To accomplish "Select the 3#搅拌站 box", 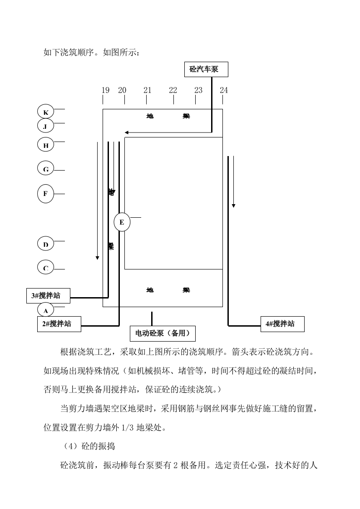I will pos(48,296).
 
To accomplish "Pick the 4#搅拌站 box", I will pos(282,324).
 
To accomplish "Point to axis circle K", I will pos(45,112).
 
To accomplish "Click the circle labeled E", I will pos(122,222).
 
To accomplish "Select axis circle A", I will pos(45,310).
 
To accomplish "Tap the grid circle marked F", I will pos(45,194).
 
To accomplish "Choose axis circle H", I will pos(45,145).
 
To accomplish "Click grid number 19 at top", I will pos(105,90).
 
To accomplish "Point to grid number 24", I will pos(224,90).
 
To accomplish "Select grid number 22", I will pos(173,90).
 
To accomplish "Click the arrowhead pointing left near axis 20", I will pos(127,132).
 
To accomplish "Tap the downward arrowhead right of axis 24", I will pos(233,206).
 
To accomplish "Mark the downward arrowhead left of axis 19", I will pos(97,258).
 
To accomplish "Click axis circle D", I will pos(45,245).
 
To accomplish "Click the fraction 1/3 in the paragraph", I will pos(127,427).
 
